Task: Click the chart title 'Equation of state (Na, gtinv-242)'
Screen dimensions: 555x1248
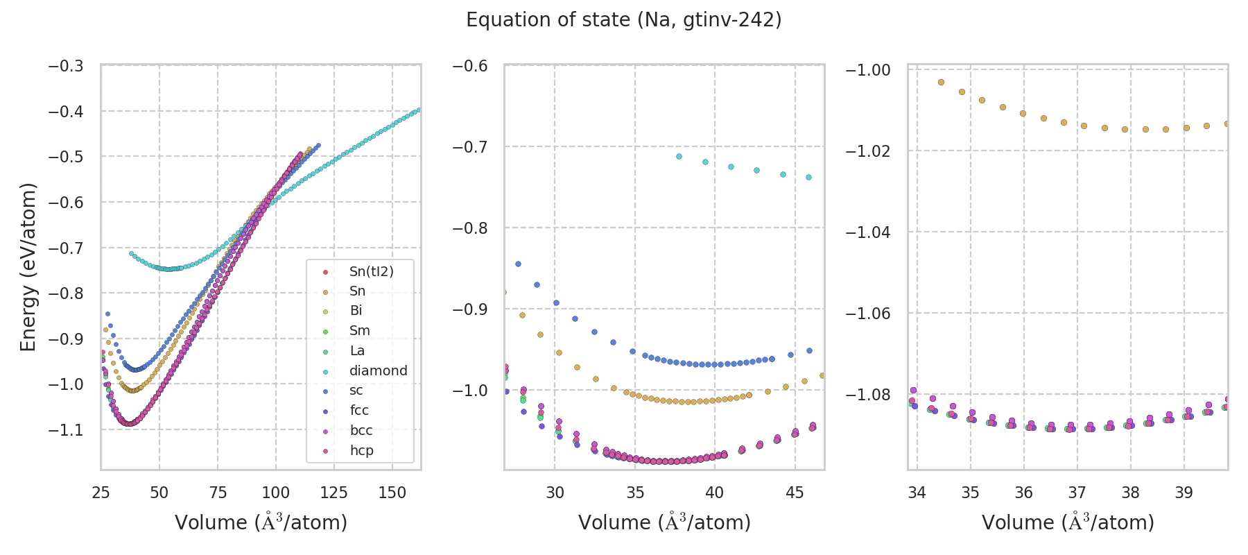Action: coord(623,20)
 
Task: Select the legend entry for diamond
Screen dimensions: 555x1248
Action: coord(378,370)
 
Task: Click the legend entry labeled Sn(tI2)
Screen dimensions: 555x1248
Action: coord(371,271)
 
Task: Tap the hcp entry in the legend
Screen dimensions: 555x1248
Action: coord(361,450)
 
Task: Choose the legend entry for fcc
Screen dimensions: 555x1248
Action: coord(359,410)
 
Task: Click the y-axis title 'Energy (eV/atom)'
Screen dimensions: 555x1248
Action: coord(28,267)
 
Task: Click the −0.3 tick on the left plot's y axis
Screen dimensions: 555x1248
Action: coord(65,66)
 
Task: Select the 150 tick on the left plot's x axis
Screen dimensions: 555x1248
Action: coord(392,493)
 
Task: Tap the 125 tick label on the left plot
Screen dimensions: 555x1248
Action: coord(333,493)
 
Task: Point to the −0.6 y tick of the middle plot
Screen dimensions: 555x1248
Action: coord(469,66)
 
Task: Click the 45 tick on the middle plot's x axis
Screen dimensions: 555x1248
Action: coord(795,493)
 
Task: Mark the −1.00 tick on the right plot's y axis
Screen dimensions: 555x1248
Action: coord(867,70)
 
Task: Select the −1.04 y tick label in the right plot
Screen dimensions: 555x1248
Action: coord(867,232)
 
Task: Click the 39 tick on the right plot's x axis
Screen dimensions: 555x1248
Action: coord(1184,493)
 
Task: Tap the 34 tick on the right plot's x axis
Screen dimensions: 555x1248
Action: coord(917,493)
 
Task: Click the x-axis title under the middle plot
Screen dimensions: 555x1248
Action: coord(664,522)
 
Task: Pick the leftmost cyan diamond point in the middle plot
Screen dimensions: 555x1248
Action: coord(679,156)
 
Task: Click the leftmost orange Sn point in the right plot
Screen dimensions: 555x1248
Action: coord(941,82)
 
